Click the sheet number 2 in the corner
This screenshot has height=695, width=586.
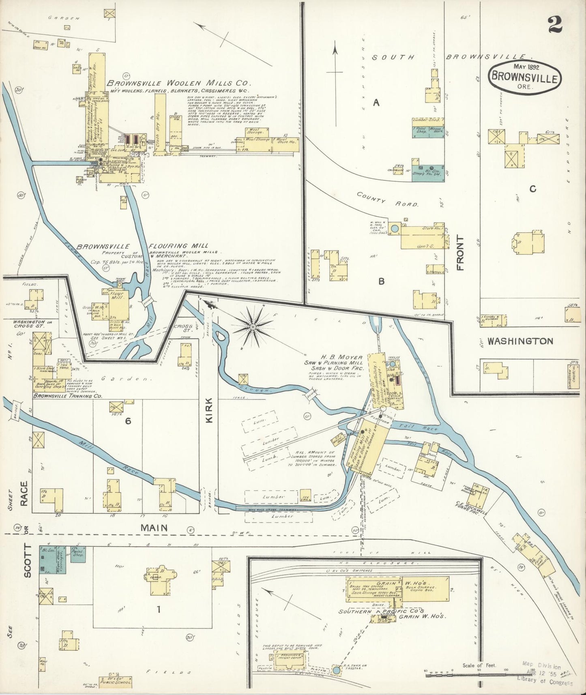click(x=554, y=25)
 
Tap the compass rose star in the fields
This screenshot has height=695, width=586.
click(x=253, y=326)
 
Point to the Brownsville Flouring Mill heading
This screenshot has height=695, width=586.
click(x=142, y=246)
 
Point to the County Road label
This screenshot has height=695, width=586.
click(x=387, y=199)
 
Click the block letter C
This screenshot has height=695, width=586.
click(x=533, y=189)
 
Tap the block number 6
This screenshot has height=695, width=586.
click(x=128, y=421)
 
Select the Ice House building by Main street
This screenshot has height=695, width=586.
click(x=305, y=496)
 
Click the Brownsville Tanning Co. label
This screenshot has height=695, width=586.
click(x=67, y=396)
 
